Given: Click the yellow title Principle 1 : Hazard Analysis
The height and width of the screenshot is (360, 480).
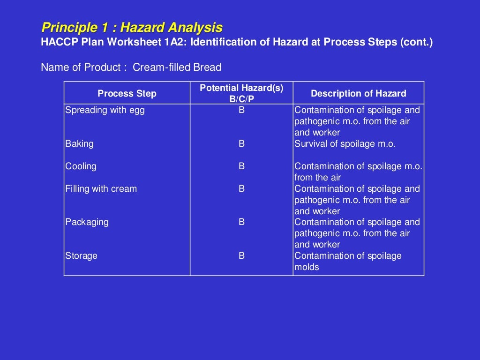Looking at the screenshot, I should [x=132, y=27].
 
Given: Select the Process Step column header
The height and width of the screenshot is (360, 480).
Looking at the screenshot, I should [x=127, y=93].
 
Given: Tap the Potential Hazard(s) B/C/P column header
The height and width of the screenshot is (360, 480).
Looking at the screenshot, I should [x=241, y=93].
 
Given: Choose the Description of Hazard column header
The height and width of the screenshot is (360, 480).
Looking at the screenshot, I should [x=359, y=93].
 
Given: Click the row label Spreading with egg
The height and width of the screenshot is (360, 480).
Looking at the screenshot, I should [x=105, y=110].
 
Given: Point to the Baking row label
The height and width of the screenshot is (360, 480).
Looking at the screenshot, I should [x=79, y=144].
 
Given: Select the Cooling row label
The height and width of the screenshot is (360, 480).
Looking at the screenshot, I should [x=81, y=166].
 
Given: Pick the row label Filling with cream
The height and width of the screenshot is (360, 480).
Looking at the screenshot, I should [x=101, y=189].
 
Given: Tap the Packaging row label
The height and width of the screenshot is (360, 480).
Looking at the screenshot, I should [x=87, y=222].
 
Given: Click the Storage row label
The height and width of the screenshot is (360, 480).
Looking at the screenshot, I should [x=81, y=256].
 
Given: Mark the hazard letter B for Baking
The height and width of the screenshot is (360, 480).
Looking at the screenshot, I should [x=241, y=144].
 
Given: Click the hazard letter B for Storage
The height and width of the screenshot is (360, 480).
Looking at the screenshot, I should [x=241, y=256].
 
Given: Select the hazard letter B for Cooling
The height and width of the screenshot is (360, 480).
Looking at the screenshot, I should [x=241, y=166].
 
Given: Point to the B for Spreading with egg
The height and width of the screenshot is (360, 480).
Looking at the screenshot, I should [x=241, y=110].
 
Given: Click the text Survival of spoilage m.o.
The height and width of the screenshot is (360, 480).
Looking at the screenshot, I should [x=345, y=144].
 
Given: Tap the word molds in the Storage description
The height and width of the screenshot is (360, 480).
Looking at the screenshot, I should [x=307, y=267].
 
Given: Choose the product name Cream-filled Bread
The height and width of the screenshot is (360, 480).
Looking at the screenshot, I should [x=177, y=67].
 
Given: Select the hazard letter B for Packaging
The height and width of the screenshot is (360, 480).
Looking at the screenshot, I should [x=241, y=222].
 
